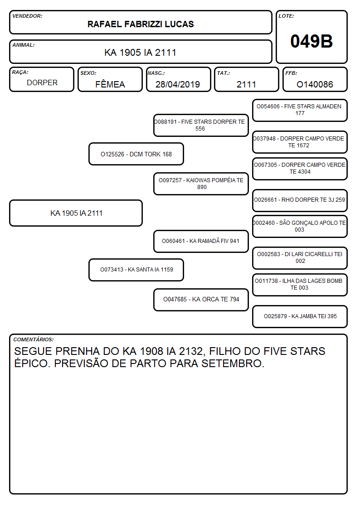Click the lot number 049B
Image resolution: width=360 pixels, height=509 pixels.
coord(311,41)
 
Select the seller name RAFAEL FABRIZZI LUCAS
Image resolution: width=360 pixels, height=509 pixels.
coord(141,24)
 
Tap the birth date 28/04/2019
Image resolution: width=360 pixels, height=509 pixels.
coord(178,84)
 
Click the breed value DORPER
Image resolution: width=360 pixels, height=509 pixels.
coord(42,83)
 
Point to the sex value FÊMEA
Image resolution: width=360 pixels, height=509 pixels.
coord(110,84)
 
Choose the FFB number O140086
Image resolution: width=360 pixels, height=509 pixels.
coord(315,84)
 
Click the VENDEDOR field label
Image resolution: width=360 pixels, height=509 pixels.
coord(27,16)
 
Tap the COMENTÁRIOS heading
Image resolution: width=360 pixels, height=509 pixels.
coord(34,339)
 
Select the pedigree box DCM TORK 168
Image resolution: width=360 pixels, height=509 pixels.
coord(136,154)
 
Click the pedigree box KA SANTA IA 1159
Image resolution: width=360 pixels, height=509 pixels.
coord(136,270)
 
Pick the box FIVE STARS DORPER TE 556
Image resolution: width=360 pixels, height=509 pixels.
coord(201,125)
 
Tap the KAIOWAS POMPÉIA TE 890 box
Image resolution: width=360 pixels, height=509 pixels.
coord(201,184)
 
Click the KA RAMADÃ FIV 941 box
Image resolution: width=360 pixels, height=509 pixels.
coord(201,241)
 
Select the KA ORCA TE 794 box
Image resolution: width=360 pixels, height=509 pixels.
coord(201,300)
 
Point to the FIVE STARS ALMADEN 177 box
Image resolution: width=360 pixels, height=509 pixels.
coord(300,111)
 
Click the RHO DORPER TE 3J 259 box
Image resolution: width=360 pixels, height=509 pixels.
coord(300,200)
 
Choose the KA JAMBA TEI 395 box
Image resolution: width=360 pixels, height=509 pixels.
coord(300,316)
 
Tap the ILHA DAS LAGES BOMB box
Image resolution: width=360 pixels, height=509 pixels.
coord(300,285)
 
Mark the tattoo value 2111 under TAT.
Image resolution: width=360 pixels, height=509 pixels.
coord(246,84)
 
